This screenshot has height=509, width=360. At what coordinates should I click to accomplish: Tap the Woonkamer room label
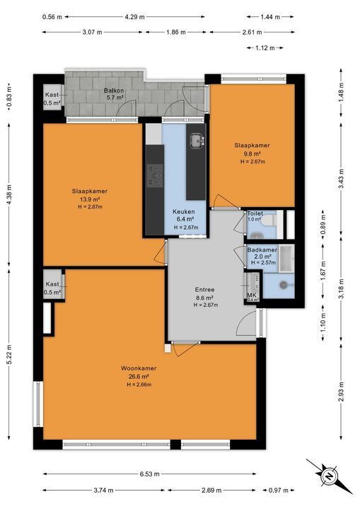click(139, 369)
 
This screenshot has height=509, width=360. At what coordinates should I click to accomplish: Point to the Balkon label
click(115, 91)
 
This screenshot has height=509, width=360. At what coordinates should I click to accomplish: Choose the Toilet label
click(254, 213)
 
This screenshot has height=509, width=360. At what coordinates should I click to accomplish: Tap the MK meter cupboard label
click(252, 296)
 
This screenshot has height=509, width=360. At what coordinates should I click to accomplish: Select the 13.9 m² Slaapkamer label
click(86, 190)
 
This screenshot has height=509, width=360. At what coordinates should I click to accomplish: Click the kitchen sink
click(197, 141)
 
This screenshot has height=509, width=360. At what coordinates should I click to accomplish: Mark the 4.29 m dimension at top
click(135, 16)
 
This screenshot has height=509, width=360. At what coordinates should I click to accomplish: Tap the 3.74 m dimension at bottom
click(105, 490)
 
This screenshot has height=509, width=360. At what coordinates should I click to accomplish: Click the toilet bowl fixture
click(270, 220)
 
